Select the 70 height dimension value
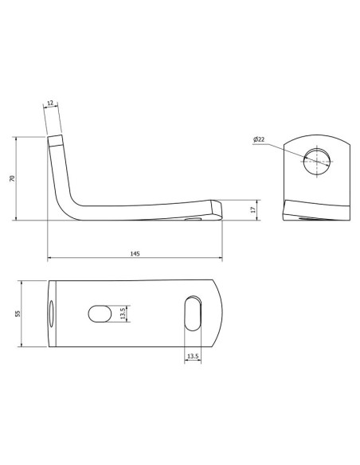(x=12, y=179)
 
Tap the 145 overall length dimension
(x=134, y=253)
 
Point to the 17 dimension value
(x=253, y=209)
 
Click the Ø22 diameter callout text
(x=258, y=140)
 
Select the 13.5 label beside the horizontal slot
(x=122, y=312)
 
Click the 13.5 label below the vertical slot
(x=192, y=356)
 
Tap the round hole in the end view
(x=316, y=161)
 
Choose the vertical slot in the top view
(x=192, y=313)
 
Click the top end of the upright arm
(x=56, y=142)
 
